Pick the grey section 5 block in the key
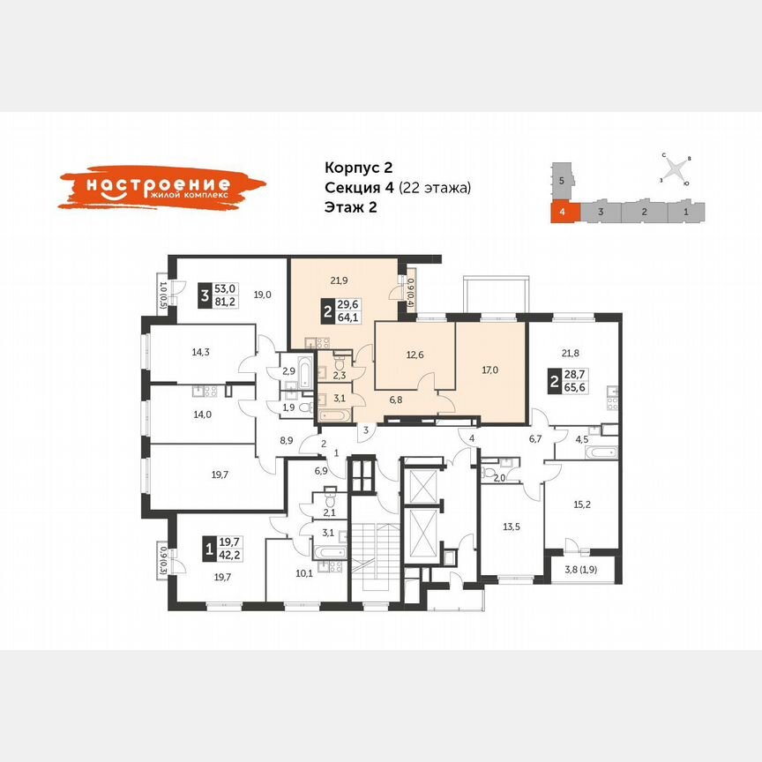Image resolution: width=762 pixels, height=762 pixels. pos(561,180)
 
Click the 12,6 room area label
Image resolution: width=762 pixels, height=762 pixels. pos(415,356)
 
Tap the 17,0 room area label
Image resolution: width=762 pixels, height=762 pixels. pos(491,370)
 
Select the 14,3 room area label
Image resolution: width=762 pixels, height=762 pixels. pos(201,353)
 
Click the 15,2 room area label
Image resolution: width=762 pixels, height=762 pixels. pos(581,505)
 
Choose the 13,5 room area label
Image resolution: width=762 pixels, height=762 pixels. pos(512,527)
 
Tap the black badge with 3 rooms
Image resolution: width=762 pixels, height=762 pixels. pos(205,296)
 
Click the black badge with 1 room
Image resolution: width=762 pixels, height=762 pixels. pos(208,549)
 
